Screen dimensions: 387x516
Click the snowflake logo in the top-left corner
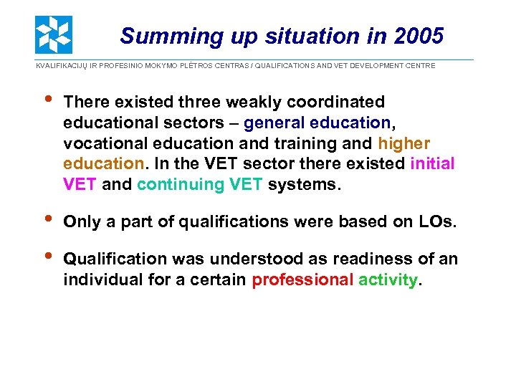[54, 34]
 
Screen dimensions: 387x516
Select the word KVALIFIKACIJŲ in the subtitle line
[64, 66]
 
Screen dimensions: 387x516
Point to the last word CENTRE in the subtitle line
[420, 66]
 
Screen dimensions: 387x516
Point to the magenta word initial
[432, 163]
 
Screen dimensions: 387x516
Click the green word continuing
[181, 184]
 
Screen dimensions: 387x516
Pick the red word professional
[302, 279]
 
